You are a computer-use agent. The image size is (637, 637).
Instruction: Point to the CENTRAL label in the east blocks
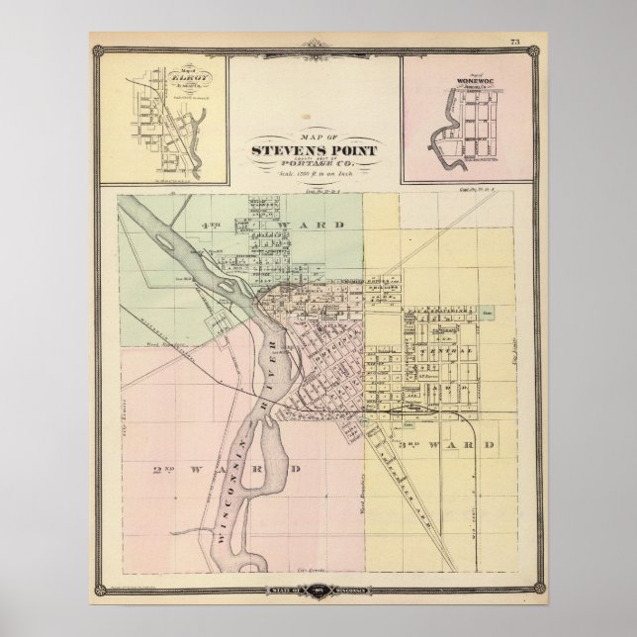coord(437,351)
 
